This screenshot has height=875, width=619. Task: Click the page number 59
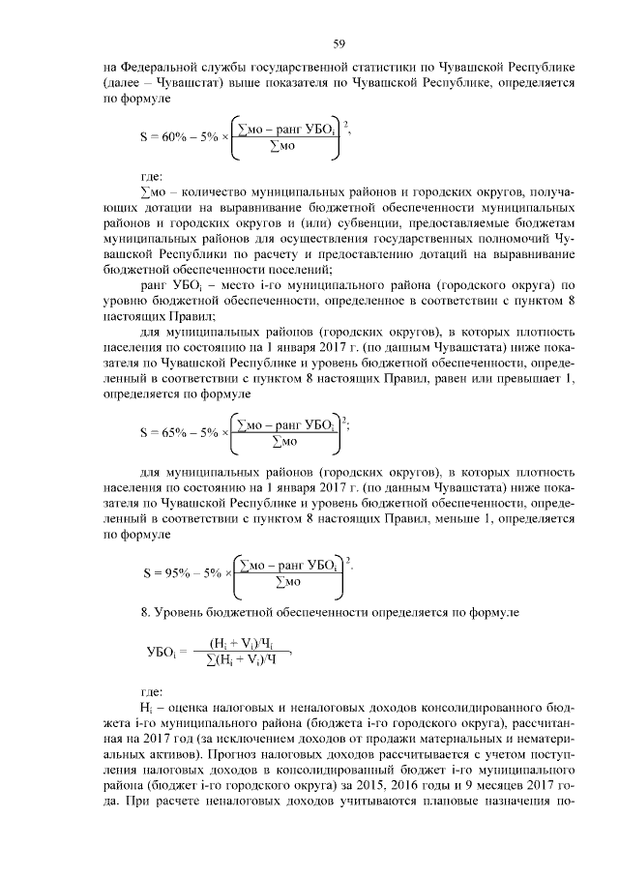pos(339,44)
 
